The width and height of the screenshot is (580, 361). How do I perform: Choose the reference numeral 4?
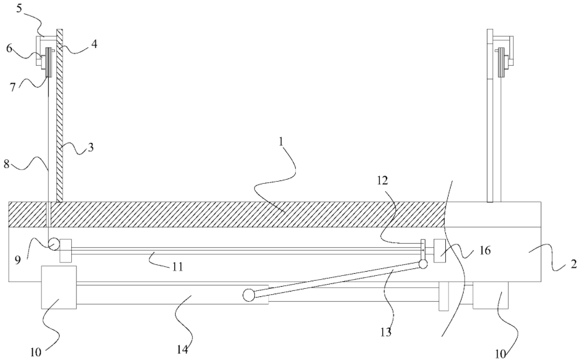[x=94, y=45]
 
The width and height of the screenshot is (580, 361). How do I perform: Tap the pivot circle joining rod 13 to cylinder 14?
[x=248, y=295]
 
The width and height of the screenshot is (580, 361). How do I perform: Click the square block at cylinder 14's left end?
[x=59, y=287]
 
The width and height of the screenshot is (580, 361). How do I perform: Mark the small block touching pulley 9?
[x=66, y=251]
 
